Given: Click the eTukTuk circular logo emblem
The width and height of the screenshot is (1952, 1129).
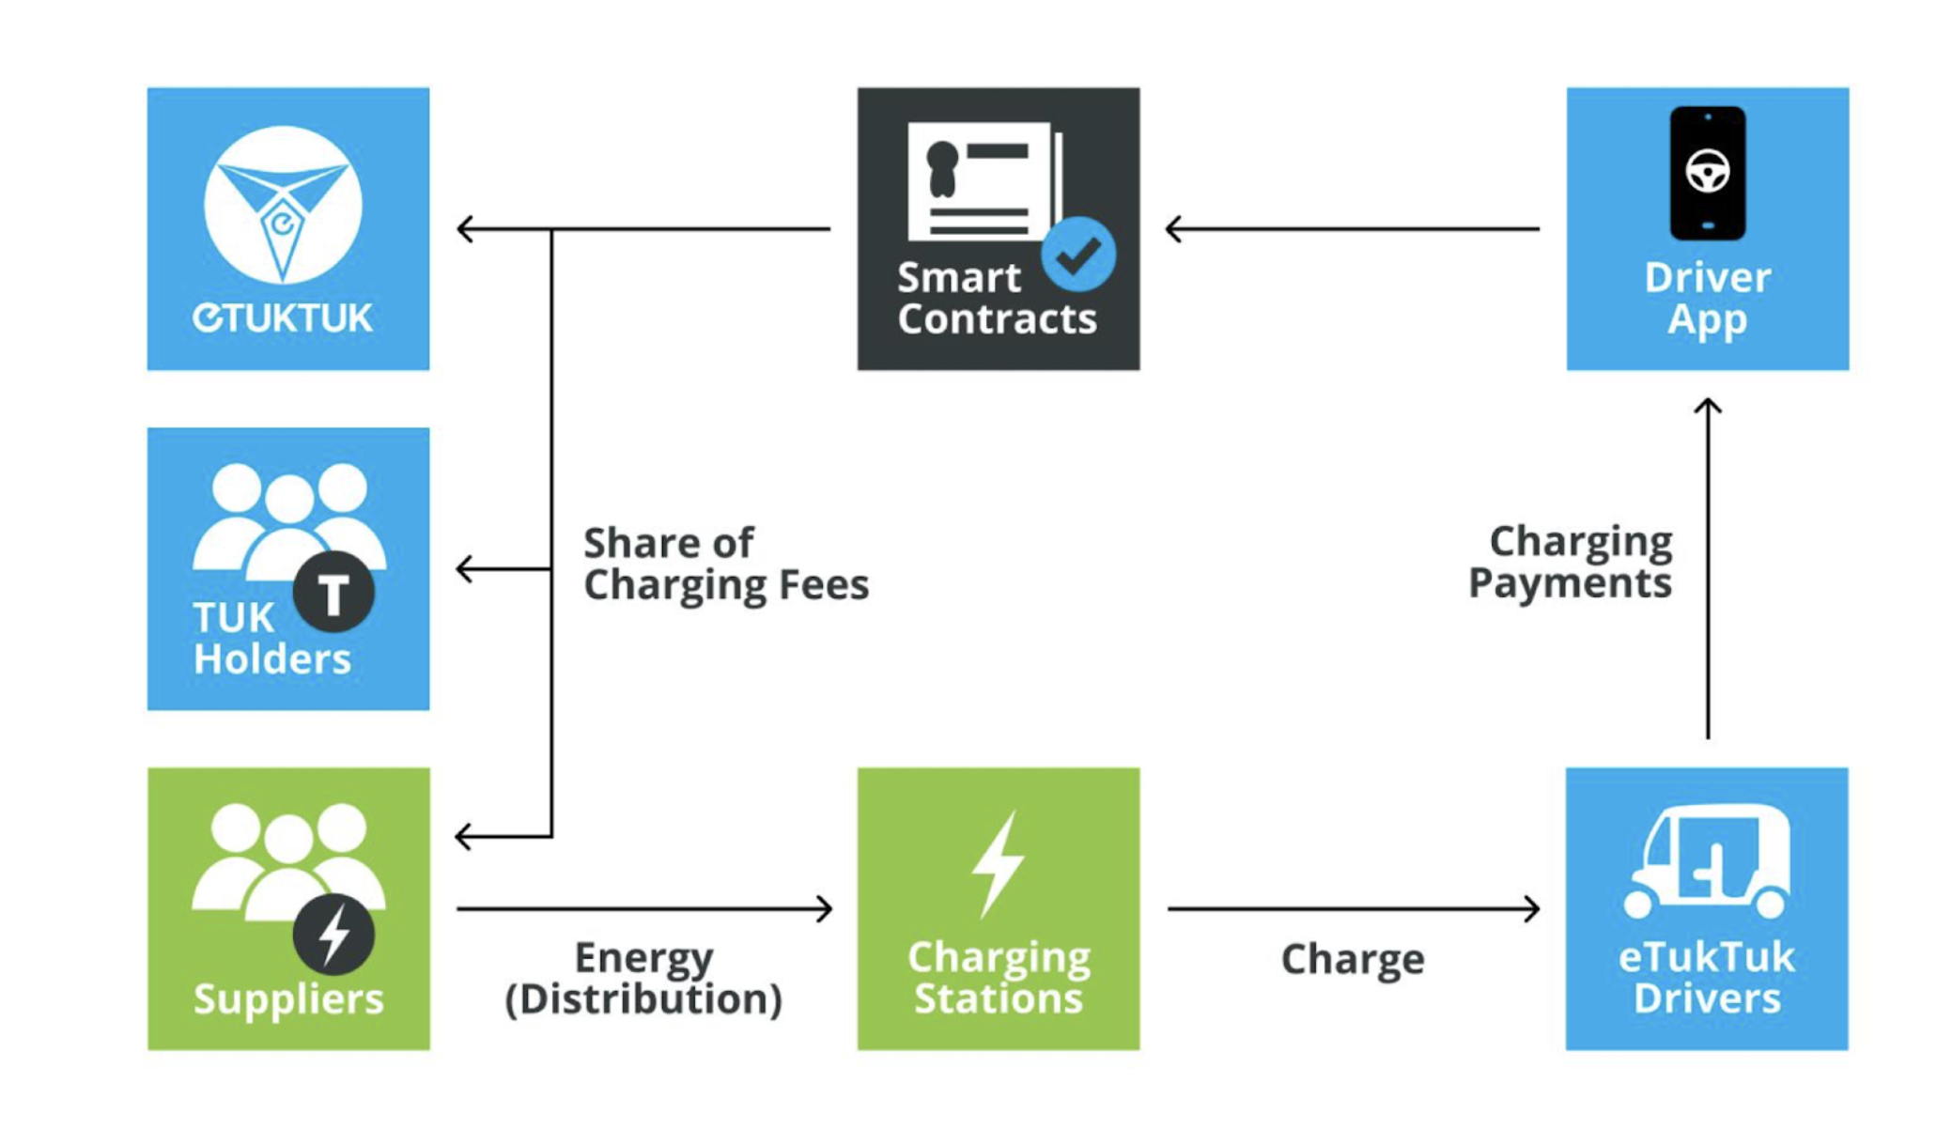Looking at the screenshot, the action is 283,205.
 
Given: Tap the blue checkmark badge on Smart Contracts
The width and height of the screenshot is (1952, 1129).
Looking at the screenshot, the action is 1078,254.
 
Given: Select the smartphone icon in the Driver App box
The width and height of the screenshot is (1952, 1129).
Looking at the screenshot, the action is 1707,174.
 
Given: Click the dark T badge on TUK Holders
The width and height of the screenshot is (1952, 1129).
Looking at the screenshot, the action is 333,592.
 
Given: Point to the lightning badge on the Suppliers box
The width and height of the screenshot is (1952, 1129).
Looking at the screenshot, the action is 333,934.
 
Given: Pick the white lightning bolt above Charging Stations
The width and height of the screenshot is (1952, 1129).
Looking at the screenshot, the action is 998,864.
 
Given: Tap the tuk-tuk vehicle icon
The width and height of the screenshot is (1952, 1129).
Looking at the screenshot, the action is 1707,861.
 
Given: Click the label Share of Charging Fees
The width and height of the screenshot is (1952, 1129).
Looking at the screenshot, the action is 726,564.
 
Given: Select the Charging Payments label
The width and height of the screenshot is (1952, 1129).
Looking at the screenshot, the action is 1571,562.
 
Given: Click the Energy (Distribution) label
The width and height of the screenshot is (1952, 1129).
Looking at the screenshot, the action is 643,979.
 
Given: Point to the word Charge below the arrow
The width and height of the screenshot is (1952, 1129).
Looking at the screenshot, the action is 1353,959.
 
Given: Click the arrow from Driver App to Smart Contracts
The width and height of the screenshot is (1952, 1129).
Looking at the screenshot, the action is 1353,228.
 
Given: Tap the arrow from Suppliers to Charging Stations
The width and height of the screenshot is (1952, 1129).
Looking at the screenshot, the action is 644,908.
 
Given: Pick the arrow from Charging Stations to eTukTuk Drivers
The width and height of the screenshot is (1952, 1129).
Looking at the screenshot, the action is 1354,908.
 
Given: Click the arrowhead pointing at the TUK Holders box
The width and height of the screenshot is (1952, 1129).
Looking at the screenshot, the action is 464,568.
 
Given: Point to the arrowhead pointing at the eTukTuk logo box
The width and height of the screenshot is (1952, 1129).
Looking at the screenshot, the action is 464,228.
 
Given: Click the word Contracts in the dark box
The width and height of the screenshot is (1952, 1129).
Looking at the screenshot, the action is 997,318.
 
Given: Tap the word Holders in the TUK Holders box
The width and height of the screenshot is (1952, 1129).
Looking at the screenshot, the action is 272,658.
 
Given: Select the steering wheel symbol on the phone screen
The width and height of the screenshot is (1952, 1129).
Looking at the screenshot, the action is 1708,171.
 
